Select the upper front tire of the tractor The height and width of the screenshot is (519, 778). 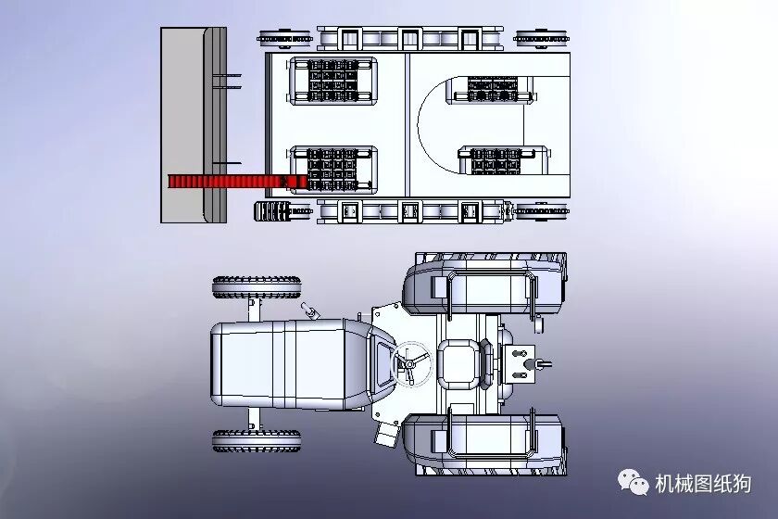(257, 287)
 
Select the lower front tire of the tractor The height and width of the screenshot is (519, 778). (257, 441)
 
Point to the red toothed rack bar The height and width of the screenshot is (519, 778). (233, 182)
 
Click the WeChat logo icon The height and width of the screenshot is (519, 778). (634, 483)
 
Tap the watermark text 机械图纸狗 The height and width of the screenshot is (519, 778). (703, 484)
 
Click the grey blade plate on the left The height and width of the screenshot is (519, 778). (194, 125)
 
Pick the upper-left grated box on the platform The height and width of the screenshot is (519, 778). (333, 81)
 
